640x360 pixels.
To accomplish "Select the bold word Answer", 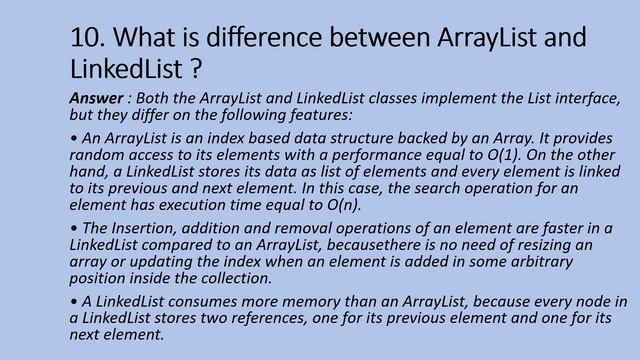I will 96,98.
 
